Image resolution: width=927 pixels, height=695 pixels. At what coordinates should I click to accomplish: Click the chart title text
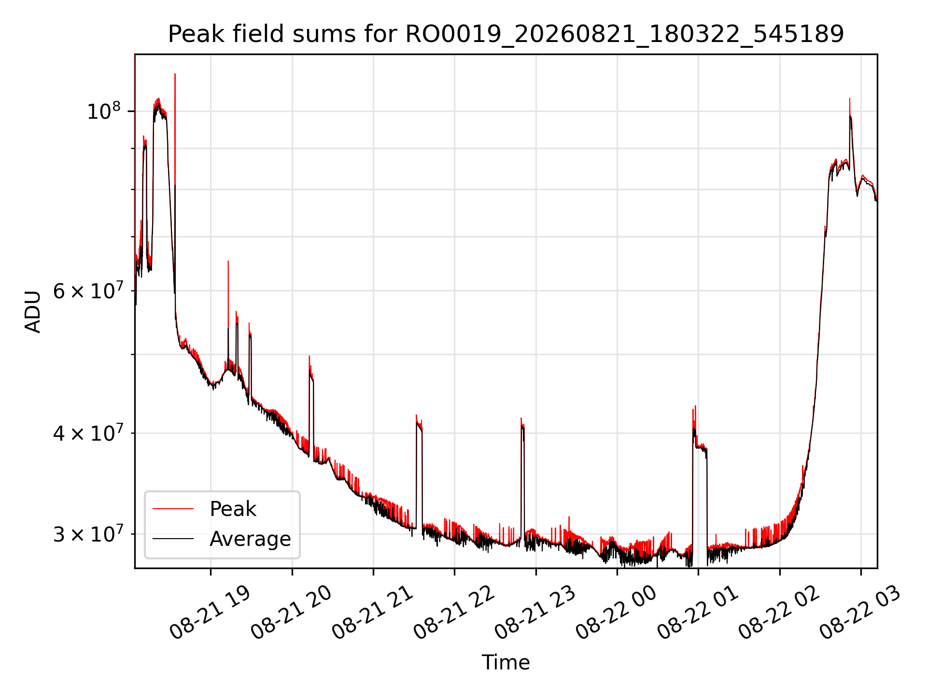coord(506,34)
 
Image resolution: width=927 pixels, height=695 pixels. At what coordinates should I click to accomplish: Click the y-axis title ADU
coord(33,311)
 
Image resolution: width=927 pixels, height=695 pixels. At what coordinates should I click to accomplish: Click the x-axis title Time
coord(506,662)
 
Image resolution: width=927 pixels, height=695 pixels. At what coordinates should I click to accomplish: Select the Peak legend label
coord(233,509)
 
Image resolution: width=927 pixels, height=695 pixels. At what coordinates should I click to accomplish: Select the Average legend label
coord(250,539)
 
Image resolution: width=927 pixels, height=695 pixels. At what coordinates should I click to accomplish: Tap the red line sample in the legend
coord(173,509)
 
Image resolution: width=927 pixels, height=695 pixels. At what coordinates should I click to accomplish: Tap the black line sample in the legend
coord(173,539)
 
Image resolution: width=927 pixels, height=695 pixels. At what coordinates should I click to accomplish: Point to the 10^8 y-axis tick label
coord(103,111)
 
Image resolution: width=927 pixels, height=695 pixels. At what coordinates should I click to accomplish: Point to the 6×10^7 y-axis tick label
coord(87,291)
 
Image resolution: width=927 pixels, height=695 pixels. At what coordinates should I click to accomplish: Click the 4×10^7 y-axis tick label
coord(87,433)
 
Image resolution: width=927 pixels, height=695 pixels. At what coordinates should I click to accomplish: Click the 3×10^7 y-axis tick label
coord(87,534)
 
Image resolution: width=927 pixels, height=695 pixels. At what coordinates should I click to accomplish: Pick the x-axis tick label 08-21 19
coord(211,613)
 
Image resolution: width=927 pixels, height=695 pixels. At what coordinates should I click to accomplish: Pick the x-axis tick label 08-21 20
coord(292,613)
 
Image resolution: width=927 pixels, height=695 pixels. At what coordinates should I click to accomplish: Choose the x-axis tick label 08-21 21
coord(373,613)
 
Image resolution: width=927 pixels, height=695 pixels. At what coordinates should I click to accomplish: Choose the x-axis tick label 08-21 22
coord(454,613)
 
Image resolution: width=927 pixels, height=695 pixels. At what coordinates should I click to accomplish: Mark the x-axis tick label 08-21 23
coord(535,613)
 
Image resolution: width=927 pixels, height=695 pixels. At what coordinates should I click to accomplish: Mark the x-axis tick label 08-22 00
coord(617,613)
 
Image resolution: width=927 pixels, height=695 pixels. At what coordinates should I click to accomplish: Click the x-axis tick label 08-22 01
coord(698,613)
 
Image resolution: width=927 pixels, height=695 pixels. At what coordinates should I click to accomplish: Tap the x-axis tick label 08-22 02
coord(779,613)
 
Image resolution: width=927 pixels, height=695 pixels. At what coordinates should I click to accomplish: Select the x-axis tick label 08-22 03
coord(861,613)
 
